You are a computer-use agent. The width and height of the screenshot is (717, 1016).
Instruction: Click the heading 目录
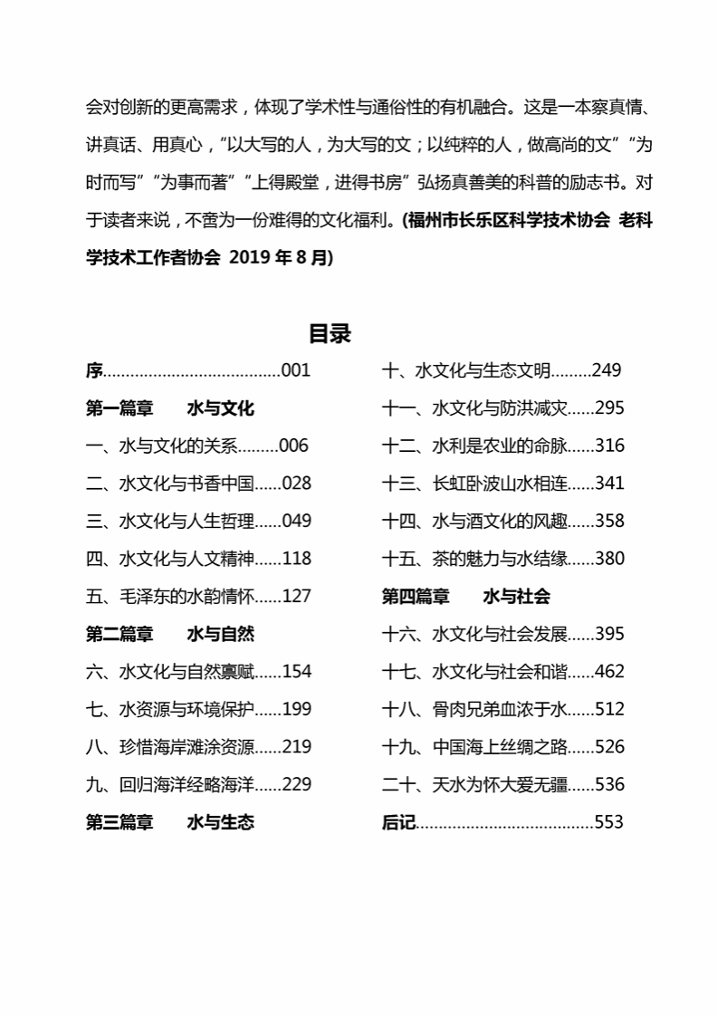tap(330, 333)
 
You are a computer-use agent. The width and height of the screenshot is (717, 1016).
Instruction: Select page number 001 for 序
tap(296, 370)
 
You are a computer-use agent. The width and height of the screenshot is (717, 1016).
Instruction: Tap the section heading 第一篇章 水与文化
tap(170, 408)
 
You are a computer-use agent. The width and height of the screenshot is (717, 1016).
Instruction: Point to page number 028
tap(297, 484)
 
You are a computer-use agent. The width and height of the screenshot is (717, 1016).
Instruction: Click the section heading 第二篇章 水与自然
tap(170, 634)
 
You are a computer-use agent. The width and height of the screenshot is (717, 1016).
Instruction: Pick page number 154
tap(297, 672)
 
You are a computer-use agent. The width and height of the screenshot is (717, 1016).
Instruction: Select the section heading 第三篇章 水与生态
tap(170, 822)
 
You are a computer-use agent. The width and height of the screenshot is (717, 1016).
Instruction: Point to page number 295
tap(610, 408)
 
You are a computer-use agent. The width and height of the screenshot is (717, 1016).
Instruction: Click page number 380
tap(610, 559)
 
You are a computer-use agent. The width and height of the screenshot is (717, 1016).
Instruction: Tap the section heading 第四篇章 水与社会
tap(466, 597)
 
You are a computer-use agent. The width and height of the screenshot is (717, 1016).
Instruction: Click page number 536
tap(610, 784)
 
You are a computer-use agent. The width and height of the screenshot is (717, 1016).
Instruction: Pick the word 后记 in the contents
tap(398, 822)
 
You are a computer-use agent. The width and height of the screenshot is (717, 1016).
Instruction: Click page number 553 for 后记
tap(609, 822)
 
